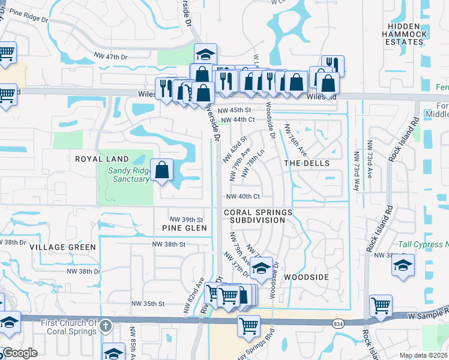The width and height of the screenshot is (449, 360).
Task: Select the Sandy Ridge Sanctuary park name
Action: (x=128, y=175)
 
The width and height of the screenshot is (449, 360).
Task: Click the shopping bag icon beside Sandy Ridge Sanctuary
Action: (x=162, y=170)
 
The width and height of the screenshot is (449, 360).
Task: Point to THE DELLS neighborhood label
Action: (x=306, y=163)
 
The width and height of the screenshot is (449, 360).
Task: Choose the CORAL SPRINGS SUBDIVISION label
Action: (x=258, y=217)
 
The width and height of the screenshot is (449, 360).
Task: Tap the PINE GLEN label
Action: (x=184, y=228)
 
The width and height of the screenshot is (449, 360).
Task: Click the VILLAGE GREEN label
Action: (x=62, y=247)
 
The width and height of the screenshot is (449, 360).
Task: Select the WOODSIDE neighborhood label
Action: (x=306, y=277)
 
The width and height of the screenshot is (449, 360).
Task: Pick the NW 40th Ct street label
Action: (x=243, y=196)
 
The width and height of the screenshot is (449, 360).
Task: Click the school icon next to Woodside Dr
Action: (x=261, y=269)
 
